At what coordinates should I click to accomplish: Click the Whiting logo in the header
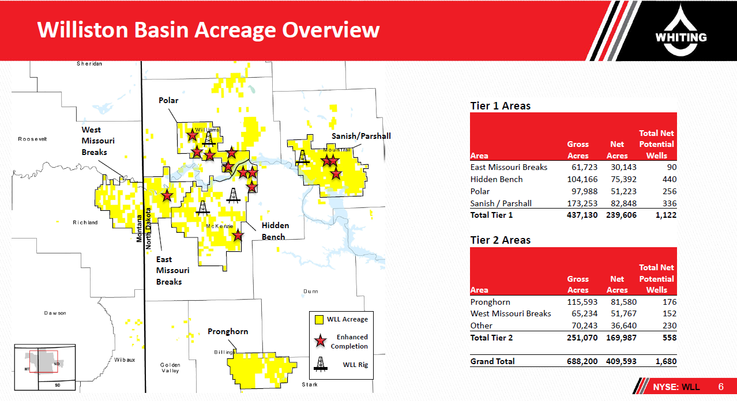680,30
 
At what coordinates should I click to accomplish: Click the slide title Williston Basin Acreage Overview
208,29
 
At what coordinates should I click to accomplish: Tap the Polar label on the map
168,100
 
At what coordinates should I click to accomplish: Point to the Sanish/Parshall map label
361,136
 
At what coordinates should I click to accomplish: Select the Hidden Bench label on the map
275,231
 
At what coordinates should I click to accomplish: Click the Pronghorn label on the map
228,331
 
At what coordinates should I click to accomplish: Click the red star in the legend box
320,341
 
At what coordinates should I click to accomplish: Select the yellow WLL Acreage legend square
319,319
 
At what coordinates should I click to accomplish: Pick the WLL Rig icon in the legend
320,364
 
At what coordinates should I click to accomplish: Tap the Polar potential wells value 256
669,191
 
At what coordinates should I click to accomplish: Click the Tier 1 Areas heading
500,105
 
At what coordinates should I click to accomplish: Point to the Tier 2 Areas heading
500,240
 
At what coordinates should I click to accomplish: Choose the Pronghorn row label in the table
490,302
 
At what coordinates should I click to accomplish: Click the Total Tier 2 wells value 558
669,338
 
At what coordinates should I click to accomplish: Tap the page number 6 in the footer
721,387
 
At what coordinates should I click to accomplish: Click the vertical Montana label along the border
139,228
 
